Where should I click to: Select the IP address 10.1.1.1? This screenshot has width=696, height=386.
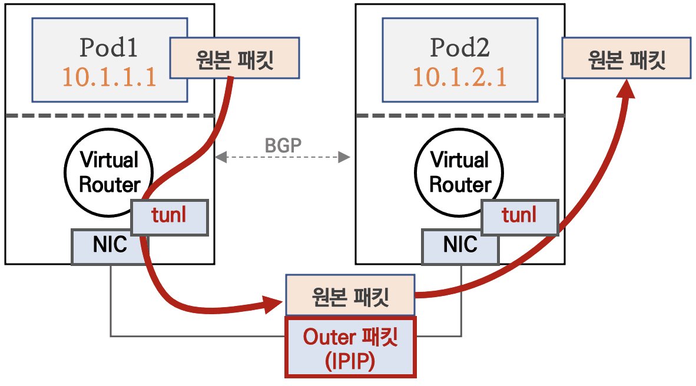point(110,77)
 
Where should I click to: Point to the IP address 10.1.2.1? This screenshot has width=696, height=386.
point(459,77)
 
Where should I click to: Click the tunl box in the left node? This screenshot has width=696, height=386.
point(170,216)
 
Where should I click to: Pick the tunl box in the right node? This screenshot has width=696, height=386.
point(519,216)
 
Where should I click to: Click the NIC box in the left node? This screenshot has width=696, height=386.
point(110,246)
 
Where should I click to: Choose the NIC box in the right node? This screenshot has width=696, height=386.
point(459,246)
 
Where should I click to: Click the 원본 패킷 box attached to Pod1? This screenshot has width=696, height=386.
point(234,58)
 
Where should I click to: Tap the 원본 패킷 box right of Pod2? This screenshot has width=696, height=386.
point(627,58)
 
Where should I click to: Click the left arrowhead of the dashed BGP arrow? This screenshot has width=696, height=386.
point(218,157)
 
